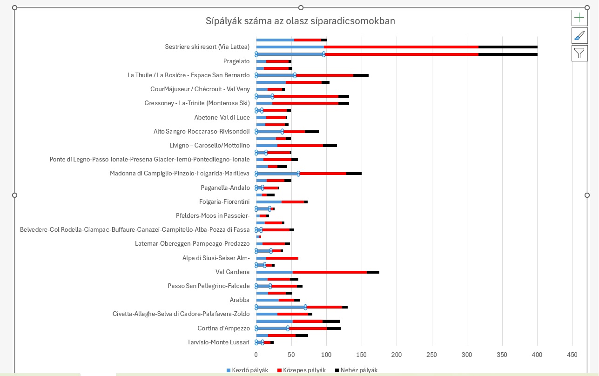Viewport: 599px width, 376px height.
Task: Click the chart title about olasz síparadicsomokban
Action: (300, 21)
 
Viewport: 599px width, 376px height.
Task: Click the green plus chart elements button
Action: (579, 18)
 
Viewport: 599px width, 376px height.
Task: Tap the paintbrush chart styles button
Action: (579, 35)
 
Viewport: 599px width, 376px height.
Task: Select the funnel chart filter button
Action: (579, 53)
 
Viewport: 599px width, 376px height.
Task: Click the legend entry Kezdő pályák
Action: (247, 370)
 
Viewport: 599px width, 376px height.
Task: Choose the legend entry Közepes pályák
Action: (301, 370)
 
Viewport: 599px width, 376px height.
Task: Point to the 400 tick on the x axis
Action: (537, 355)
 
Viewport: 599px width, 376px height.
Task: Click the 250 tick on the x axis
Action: (432, 355)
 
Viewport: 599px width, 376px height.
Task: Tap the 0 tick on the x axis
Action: (256, 355)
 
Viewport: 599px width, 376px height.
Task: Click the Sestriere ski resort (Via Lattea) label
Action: (207, 47)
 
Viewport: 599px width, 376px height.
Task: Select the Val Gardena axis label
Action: (232, 272)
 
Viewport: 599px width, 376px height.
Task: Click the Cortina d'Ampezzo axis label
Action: (223, 328)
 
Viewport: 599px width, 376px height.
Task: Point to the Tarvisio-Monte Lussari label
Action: (218, 342)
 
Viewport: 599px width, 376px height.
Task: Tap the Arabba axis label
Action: (239, 300)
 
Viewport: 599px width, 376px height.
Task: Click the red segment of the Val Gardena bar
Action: (330, 272)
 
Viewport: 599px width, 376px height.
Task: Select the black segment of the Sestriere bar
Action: (507, 47)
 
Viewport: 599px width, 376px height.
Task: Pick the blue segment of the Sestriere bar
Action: (289, 47)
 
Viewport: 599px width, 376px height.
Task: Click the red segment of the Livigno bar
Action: (300, 146)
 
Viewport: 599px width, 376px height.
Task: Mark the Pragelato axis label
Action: (236, 61)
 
